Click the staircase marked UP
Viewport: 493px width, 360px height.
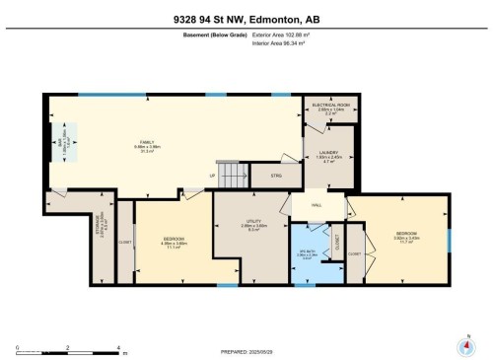click(232, 176)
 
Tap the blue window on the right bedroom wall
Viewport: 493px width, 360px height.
click(449, 240)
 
